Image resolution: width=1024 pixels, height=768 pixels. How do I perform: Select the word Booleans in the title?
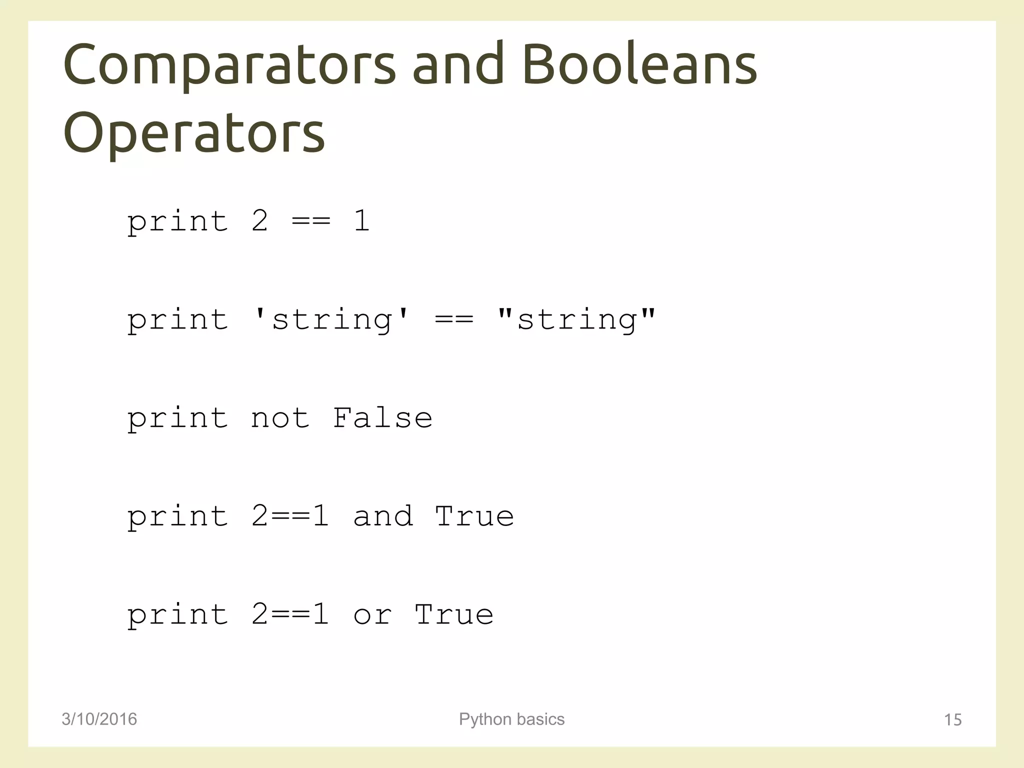click(x=639, y=65)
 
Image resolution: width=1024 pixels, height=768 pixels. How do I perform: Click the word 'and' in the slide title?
click(x=458, y=65)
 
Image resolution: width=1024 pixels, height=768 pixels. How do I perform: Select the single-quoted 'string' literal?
click(x=331, y=319)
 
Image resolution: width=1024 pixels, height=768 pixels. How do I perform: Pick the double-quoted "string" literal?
click(x=576, y=319)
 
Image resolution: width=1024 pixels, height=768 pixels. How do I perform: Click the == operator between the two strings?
click(x=454, y=319)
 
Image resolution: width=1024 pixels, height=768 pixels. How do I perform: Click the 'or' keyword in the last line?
click(x=372, y=614)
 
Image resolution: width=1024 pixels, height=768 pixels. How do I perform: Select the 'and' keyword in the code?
click(x=383, y=516)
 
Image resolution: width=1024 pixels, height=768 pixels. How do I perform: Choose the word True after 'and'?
click(x=474, y=516)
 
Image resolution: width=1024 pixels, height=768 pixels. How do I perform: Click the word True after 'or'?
click(x=454, y=614)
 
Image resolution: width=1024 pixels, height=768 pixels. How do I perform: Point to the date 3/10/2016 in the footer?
click(x=99, y=719)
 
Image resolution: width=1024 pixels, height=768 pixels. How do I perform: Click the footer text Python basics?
click(x=511, y=719)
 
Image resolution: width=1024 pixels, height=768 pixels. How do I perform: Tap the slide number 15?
click(x=952, y=720)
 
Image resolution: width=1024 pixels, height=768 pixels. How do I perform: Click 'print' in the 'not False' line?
click(x=177, y=419)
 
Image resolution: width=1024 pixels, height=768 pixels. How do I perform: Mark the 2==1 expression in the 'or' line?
click(x=290, y=614)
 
